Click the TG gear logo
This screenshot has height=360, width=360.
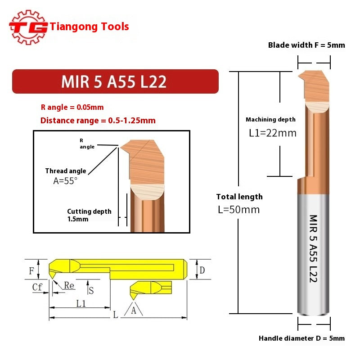[x=28, y=27]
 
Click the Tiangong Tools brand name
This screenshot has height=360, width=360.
[x=90, y=27]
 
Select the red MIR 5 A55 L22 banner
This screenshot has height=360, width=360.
[x=115, y=81]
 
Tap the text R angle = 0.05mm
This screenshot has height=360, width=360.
[x=72, y=107]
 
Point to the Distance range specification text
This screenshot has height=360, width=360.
[x=98, y=121]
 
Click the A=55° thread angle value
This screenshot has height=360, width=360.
[x=66, y=180]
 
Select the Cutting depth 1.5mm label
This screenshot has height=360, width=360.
[x=89, y=215]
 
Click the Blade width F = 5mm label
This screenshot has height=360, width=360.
[x=306, y=45]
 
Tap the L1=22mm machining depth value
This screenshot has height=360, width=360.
[x=273, y=133]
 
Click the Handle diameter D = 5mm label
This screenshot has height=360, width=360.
[x=301, y=338]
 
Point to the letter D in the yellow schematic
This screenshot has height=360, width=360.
[x=202, y=270]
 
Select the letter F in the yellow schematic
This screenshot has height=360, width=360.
[x=31, y=271]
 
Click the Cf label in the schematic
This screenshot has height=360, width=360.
[x=37, y=287]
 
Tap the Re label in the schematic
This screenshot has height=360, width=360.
[x=69, y=286]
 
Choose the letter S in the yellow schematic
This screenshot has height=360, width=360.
[x=91, y=290]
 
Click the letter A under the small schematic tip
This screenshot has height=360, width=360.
[x=134, y=310]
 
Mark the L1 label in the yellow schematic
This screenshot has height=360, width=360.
[x=81, y=303]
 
